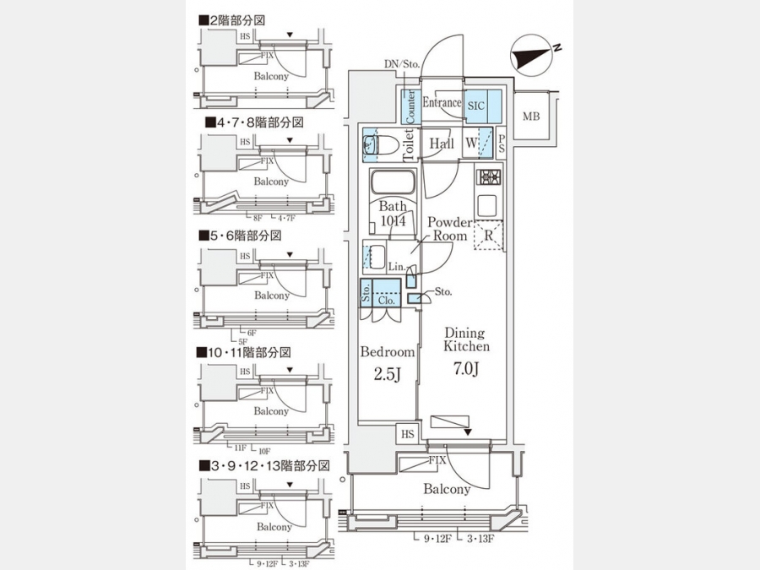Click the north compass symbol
tap(532, 56)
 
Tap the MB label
tap(531, 117)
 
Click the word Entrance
tap(442, 103)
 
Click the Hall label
tap(442, 144)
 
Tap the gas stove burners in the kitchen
tap(489, 179)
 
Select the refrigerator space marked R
tap(489, 236)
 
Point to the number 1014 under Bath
tap(392, 220)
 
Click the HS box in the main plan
tap(408, 434)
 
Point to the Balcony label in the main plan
tap(447, 489)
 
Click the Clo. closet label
tap(387, 298)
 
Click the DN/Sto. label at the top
tap(402, 64)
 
